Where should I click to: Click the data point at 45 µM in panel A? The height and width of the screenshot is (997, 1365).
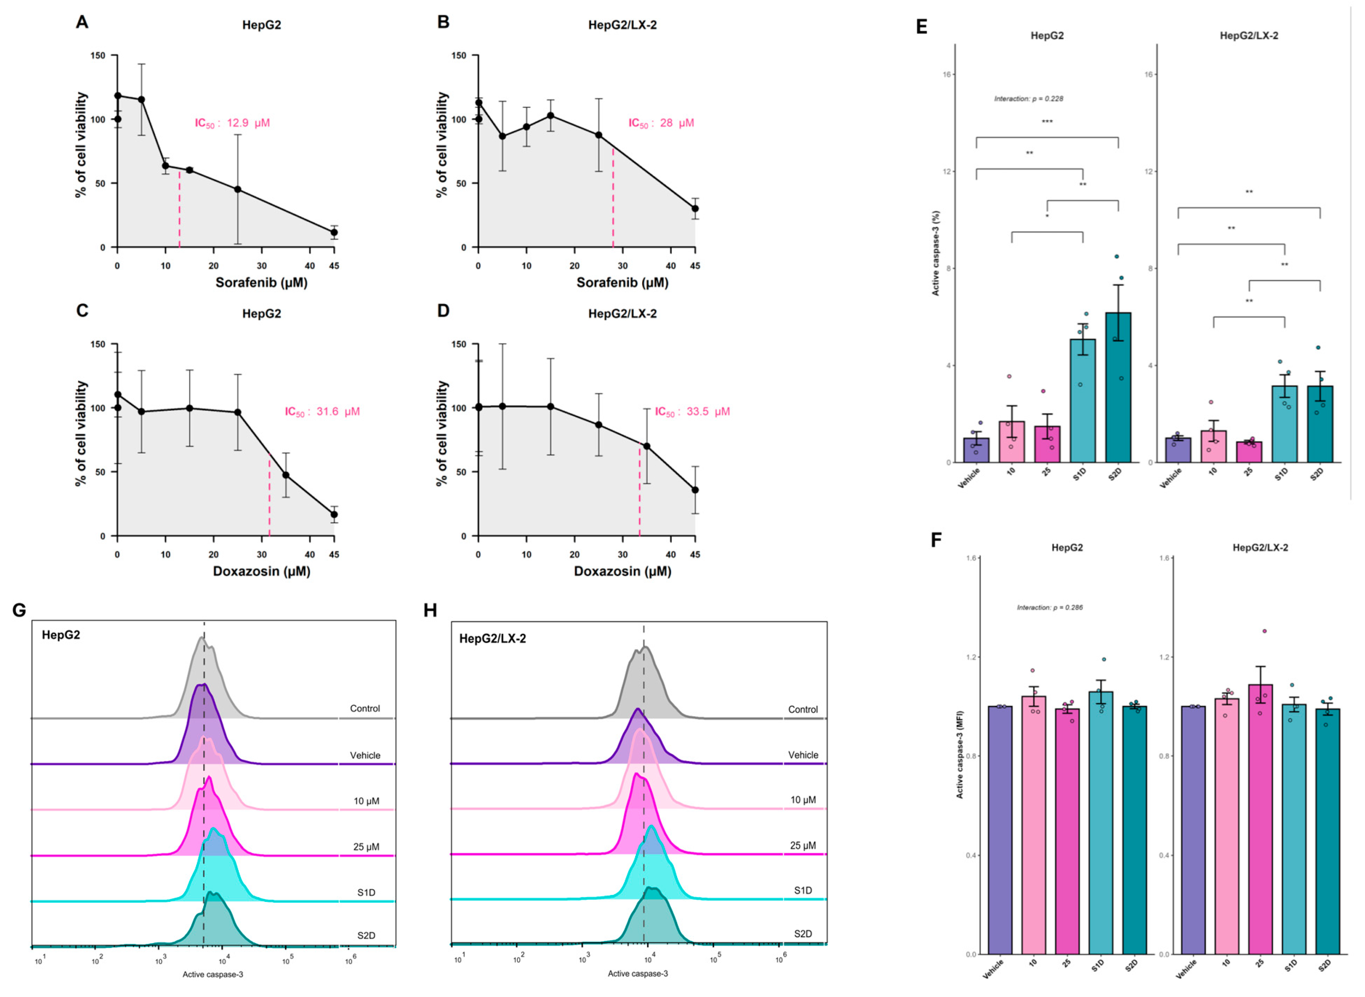pyautogui.click(x=334, y=232)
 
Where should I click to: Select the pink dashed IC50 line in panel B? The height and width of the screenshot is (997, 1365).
pyautogui.click(x=613, y=199)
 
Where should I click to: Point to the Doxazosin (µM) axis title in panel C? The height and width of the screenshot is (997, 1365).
pyautogui.click(x=261, y=571)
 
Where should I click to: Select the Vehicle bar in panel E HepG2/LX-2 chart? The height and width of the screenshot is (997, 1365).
pyautogui.click(x=1177, y=450)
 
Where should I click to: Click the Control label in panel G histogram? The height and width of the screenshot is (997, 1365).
pyautogui.click(x=365, y=708)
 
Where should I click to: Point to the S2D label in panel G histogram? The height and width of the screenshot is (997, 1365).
pyautogui.click(x=366, y=935)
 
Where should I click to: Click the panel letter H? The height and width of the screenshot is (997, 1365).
pyautogui.click(x=430, y=611)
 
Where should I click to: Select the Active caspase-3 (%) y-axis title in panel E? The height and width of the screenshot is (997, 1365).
pyautogui.click(x=935, y=254)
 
